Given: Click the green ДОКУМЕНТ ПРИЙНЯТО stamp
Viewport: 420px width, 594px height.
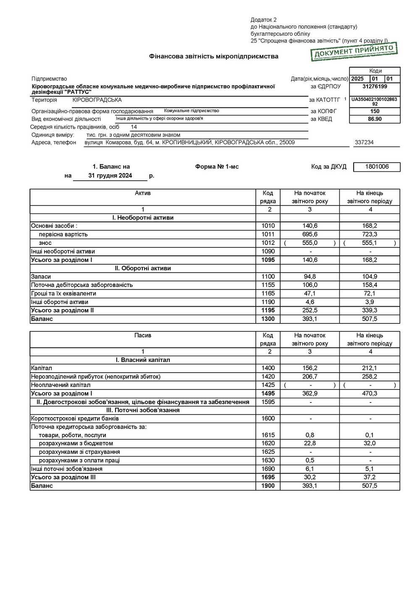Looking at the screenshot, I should [x=354, y=51].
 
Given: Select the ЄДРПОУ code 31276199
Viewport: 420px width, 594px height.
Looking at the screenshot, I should [x=375, y=87].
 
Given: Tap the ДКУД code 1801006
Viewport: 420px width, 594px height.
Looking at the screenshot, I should [x=377, y=167].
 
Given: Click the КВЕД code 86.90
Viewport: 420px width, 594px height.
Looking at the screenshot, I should [x=375, y=119].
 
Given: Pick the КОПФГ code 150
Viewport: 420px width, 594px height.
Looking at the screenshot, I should [x=375, y=111].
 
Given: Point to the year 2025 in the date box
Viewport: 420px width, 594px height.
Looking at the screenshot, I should [x=357, y=79].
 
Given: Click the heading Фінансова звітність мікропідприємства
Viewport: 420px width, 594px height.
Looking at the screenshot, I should [x=213, y=56].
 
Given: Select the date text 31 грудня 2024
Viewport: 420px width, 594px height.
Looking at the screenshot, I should [x=110, y=176].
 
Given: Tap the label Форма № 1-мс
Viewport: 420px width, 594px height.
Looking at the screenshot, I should [x=217, y=167].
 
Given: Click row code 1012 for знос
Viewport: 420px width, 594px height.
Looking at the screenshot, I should [x=268, y=243].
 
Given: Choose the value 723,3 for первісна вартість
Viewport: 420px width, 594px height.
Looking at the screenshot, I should [x=370, y=234].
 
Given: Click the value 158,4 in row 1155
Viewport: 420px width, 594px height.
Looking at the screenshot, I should [x=370, y=285].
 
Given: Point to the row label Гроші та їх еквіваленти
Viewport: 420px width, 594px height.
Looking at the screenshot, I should [x=63, y=293].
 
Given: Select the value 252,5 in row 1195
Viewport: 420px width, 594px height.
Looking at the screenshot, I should [x=310, y=310].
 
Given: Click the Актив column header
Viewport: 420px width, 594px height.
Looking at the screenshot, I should [x=143, y=193].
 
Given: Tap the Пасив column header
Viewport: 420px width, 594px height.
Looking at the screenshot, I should [x=143, y=335].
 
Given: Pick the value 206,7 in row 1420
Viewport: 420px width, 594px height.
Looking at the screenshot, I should [x=310, y=376].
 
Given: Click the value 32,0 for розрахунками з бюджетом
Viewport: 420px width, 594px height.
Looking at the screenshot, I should [x=370, y=443].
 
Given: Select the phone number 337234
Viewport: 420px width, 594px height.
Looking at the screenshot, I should [x=364, y=142].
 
